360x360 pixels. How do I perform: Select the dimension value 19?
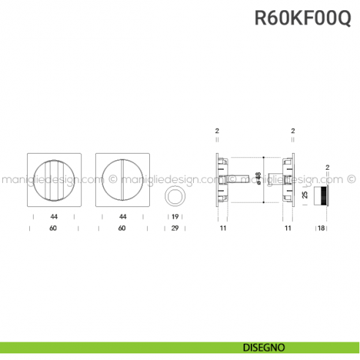(176, 217)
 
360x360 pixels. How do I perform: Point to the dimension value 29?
(176, 229)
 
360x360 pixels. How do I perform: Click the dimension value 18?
(321, 229)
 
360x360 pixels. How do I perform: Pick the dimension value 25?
(304, 195)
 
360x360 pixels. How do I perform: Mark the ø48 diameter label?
(258, 178)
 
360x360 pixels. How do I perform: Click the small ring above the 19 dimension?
(176, 195)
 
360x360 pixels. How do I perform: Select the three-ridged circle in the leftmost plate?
(49, 179)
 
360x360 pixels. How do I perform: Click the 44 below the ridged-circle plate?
(54, 217)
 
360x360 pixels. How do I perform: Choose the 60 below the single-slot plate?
(122, 229)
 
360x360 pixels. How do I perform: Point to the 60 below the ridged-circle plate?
(54, 229)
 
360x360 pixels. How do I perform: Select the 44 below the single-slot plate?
(122, 217)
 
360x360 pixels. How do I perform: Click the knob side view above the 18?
(322, 195)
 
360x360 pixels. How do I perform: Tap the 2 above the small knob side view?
(327, 168)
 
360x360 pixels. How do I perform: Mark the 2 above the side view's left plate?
(217, 131)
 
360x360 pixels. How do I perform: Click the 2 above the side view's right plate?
(293, 131)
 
